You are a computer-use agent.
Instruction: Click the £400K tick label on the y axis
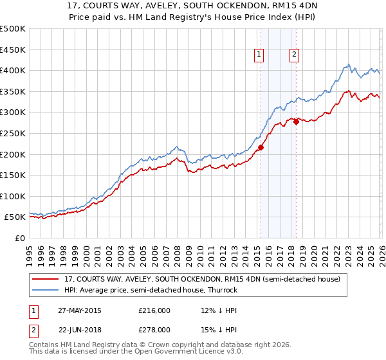point(13,71)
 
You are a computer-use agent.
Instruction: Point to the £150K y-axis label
point(13,175)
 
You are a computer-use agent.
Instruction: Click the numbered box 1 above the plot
point(259,55)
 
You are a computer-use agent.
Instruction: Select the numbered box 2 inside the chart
point(294,55)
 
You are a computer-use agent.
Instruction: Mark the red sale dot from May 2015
point(261,148)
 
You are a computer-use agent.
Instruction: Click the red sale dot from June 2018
point(296,122)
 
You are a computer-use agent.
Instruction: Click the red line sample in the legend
point(46,279)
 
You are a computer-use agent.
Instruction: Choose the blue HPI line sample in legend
point(46,290)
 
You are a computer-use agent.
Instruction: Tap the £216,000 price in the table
point(154,310)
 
